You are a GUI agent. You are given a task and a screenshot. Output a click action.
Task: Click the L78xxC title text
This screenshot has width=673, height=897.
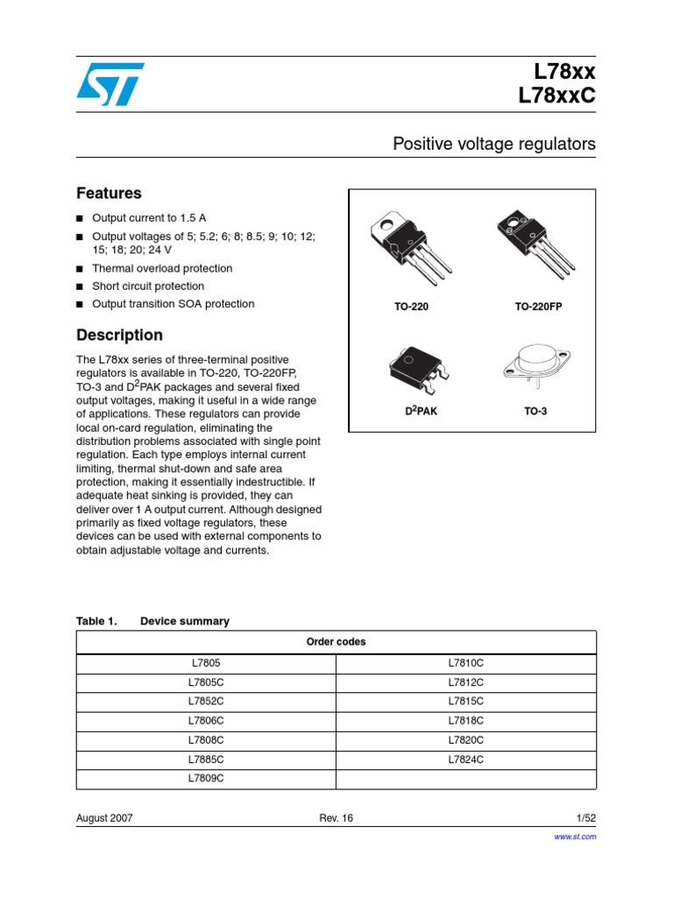click(x=557, y=96)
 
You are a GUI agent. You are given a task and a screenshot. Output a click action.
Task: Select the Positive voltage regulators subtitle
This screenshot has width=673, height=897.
click(x=494, y=144)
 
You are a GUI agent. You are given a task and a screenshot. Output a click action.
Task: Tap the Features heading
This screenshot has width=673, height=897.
click(x=109, y=193)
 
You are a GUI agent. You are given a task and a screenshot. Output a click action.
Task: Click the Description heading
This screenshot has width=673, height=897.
click(x=119, y=335)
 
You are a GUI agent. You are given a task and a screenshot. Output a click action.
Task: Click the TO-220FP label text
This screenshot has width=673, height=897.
click(x=535, y=308)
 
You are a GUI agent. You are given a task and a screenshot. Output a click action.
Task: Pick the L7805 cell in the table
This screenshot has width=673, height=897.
click(x=207, y=664)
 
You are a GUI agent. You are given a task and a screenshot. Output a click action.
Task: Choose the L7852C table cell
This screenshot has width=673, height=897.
click(x=207, y=701)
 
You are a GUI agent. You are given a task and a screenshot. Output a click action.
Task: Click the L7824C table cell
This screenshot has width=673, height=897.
click(x=466, y=759)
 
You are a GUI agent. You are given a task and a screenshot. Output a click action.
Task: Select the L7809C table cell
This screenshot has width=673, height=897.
click(x=207, y=778)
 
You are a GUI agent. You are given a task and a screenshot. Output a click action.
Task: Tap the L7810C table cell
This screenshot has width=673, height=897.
click(x=466, y=664)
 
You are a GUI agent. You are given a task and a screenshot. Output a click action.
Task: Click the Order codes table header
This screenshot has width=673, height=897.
click(x=336, y=642)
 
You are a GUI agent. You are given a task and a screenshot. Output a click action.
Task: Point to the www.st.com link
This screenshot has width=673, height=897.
click(x=576, y=837)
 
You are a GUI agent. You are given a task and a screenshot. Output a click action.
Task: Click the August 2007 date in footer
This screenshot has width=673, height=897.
click(x=105, y=817)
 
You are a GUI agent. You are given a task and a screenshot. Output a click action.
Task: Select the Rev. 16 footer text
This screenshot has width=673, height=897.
click(x=336, y=817)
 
